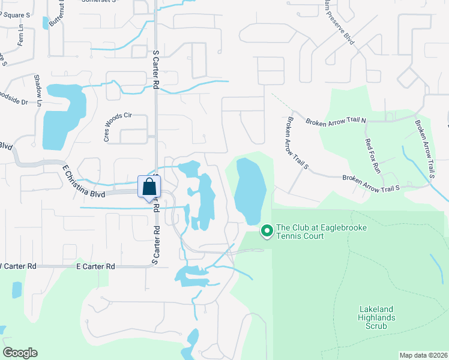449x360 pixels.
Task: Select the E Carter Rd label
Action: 95,266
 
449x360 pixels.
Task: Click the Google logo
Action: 20,353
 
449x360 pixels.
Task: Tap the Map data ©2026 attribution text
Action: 423,355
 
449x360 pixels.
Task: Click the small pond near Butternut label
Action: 45,23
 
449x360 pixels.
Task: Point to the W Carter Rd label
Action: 18,266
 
